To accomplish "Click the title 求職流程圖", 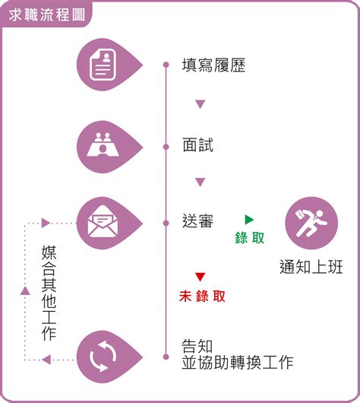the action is (46, 15).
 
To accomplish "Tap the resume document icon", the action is (103, 65).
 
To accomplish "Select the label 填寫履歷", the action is (213, 65).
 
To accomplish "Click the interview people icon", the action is (103, 144).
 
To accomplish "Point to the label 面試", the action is (197, 144).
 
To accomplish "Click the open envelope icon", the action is (103, 221).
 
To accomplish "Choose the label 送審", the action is (197, 221).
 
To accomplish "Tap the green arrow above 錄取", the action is (249, 220).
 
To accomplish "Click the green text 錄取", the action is (250, 237).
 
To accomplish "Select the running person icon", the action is (311, 223).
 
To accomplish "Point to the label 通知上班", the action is (311, 267).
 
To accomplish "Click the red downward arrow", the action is (200, 277).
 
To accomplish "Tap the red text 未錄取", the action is (202, 296).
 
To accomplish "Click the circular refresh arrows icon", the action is (103, 356).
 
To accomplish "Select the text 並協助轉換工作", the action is (238, 363).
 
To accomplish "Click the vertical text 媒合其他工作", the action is (49, 293).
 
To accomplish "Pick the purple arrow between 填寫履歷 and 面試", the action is (200, 104).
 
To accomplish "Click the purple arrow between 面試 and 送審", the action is (200, 182).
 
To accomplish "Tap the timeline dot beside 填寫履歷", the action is (166, 65).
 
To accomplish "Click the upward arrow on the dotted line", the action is (25, 290).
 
